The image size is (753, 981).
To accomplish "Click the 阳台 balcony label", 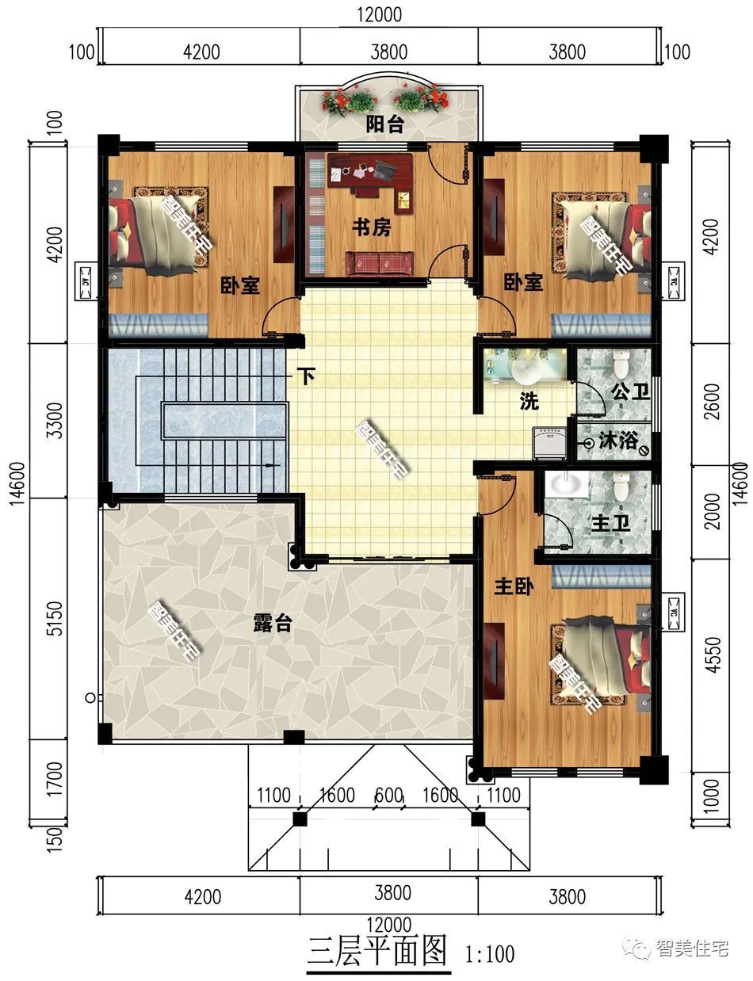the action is coord(384,124).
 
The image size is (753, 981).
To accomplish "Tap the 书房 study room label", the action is coord(372,227).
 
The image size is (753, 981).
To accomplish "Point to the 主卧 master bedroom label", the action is coord(514,586).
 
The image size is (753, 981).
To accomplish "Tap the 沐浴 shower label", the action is coord(618,441).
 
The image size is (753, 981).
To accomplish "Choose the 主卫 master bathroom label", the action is coord(610,524).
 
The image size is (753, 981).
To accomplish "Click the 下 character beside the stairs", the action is coord(307,376).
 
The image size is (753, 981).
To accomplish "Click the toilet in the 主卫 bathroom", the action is coord(621,486).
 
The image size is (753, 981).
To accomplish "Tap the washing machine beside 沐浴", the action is coord(549,443).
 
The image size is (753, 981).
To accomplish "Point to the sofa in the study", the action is coord(380,264).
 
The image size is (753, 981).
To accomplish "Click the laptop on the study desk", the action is coord(384,171).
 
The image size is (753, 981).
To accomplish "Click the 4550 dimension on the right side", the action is coord(713,655).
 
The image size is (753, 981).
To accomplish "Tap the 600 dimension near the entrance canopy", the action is coord(388,795).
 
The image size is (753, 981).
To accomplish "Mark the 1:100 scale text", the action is coord(489,954).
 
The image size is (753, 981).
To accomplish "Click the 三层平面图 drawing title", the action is coord(377,951).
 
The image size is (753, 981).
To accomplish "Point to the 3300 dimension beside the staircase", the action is coord(55,420).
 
